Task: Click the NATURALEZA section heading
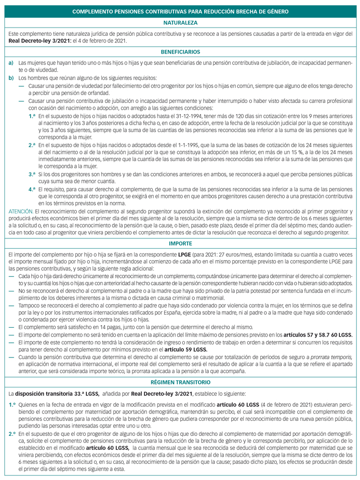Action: click(180, 23)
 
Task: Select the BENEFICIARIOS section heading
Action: click(180, 52)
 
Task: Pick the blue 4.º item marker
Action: click(32, 190)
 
